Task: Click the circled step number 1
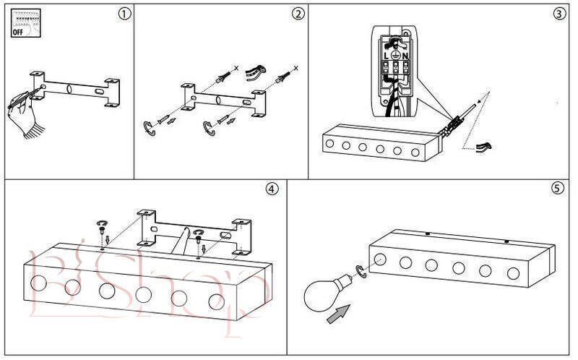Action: (126, 14)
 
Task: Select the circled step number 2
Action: (298, 14)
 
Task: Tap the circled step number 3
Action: (559, 14)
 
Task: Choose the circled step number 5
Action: (556, 189)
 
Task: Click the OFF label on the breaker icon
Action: (20, 32)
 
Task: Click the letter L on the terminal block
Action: (384, 56)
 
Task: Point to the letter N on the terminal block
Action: (405, 56)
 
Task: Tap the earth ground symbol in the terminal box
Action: (395, 56)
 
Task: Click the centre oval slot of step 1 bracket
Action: (69, 90)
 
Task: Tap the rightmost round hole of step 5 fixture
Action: (513, 274)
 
